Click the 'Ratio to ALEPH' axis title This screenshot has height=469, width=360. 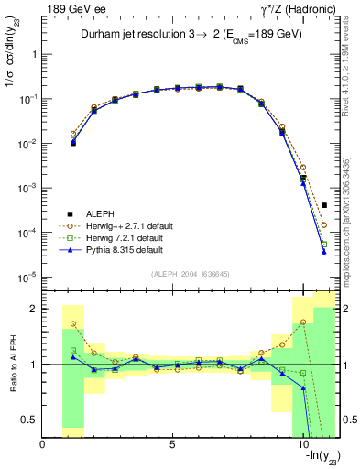click(14, 365)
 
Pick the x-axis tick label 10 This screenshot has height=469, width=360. click(304, 444)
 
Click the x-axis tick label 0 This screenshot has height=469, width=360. click(43, 444)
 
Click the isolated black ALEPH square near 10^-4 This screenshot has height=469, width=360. click(324, 205)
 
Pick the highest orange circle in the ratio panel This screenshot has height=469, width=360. click(304, 322)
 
